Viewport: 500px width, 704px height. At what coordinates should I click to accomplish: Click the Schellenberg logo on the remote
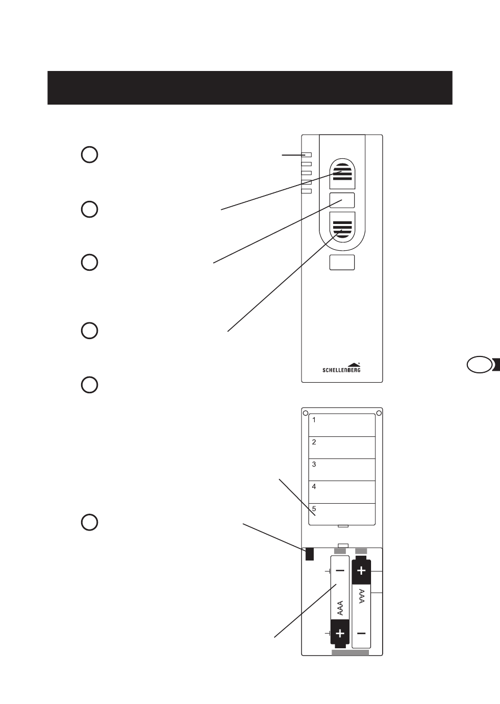(342, 368)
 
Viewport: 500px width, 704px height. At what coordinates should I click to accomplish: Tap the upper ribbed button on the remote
(342, 174)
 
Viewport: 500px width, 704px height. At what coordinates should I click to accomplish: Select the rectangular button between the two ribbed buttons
(342, 200)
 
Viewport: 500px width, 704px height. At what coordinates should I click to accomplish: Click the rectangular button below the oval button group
(342, 262)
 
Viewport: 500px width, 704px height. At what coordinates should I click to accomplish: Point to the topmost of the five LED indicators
(306, 155)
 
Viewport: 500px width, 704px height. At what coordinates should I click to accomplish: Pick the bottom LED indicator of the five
(306, 191)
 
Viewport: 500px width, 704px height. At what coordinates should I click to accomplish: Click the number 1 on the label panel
(314, 420)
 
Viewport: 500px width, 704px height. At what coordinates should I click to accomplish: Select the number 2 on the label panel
(314, 442)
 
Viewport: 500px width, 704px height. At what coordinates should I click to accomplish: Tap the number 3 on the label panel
(314, 464)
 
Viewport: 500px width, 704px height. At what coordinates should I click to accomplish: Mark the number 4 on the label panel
(314, 486)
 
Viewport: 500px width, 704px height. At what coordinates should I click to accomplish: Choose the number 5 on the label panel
(314, 508)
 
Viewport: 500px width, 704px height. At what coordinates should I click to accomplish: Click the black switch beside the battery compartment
(309, 554)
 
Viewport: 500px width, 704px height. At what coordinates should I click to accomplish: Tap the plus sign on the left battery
(340, 634)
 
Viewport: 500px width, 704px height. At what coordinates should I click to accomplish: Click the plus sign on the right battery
(361, 570)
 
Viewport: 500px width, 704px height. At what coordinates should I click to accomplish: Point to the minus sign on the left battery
(340, 570)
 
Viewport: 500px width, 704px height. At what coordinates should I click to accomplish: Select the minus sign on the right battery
(361, 634)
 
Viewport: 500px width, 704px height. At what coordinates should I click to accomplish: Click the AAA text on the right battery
(361, 596)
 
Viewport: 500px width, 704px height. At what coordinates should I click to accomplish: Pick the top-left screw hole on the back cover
(305, 413)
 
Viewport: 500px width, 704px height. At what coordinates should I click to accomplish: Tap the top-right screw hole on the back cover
(379, 413)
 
